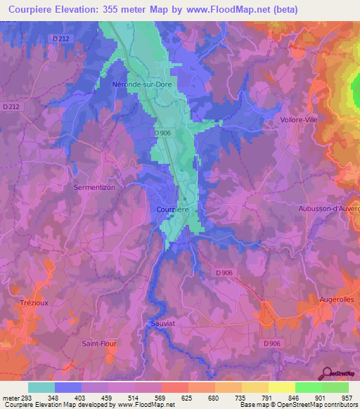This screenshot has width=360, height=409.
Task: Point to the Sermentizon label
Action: click(94, 188)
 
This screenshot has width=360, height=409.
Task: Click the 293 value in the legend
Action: click(27, 396)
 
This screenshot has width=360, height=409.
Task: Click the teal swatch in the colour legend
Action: click(41, 387)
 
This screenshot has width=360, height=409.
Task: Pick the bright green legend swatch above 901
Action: click(309, 387)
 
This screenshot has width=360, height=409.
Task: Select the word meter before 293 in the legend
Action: click(9, 396)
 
